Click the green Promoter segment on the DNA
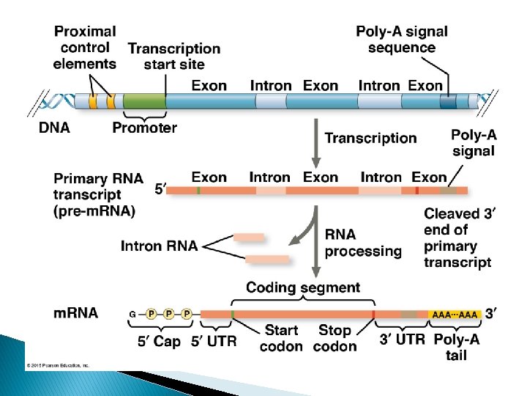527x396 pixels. pos(143,102)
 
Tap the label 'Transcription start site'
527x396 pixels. pos(174,56)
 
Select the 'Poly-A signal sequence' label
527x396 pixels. pos(402,40)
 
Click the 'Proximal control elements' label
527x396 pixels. pos(84,48)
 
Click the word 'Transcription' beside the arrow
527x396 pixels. pos(370,138)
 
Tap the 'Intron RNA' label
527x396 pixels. pos(159,246)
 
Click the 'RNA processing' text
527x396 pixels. pos(363,243)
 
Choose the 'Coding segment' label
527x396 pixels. pos(303,287)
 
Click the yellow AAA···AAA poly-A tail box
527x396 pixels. pos(455,315)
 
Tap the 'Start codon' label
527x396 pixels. pos(281,339)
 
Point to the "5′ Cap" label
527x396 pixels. pos(159,342)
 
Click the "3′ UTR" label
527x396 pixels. pos(402,340)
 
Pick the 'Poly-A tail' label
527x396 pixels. pos(457,347)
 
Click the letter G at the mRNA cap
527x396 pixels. pos(132,315)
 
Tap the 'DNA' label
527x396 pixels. pos(54,128)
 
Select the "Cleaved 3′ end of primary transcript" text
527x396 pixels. pos(457,238)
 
